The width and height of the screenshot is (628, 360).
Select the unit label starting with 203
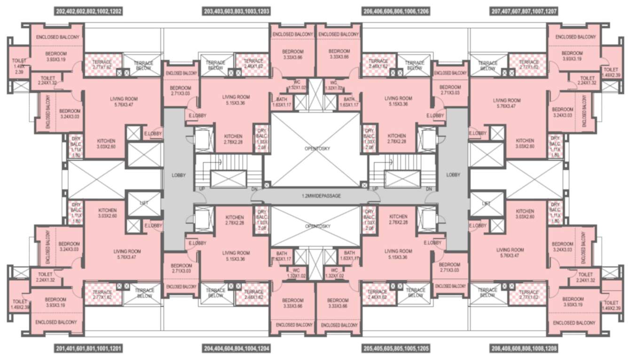237,10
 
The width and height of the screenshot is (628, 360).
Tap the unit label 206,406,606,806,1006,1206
397,10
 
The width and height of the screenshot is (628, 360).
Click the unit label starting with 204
237,349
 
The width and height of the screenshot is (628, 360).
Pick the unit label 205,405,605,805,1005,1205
397,349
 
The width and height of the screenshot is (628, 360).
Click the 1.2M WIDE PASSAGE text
321,196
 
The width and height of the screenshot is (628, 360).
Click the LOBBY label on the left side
179,175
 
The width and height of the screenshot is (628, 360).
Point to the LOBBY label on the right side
453,175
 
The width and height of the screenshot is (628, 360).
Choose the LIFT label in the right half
486,203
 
